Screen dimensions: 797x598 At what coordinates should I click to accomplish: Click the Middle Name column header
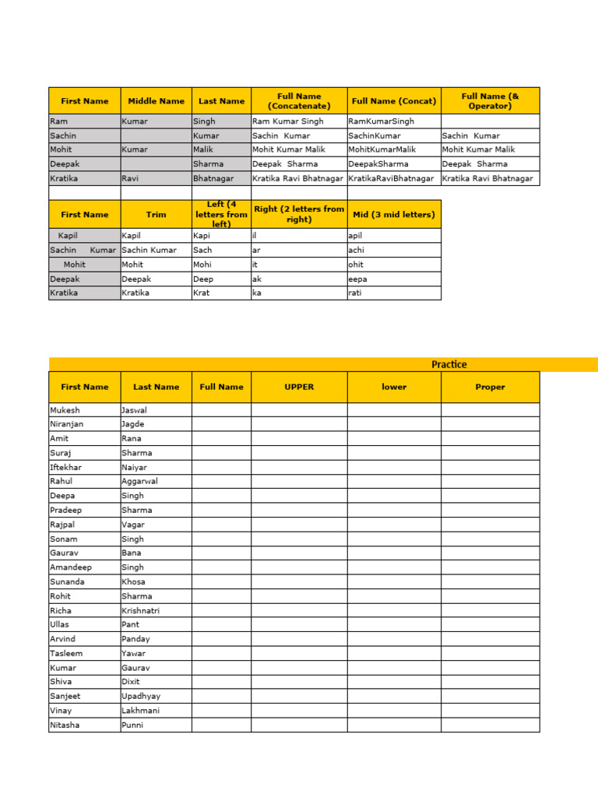(156, 101)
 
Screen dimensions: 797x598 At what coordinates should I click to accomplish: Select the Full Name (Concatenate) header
(299, 101)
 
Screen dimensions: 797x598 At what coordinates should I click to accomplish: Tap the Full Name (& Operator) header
(490, 101)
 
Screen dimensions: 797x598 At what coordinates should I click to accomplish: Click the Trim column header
(156, 215)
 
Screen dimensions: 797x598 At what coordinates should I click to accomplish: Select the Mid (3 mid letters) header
(394, 215)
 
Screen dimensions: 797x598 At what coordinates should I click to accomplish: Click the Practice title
(449, 364)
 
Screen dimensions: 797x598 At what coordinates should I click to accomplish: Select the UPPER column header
(299, 387)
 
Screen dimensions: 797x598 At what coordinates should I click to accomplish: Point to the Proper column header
(490, 387)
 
